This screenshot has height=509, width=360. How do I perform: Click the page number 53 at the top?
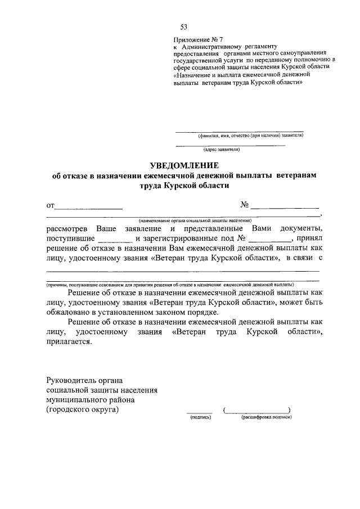[x=184, y=27]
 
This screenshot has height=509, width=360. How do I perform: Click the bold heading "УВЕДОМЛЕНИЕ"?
[x=183, y=165]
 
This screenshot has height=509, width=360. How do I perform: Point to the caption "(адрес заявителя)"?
[x=222, y=150]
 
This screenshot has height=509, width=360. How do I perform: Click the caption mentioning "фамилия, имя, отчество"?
[x=250, y=136]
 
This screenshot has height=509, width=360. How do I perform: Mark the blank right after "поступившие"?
[x=115, y=240]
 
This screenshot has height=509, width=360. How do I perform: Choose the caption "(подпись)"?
[x=200, y=418]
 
